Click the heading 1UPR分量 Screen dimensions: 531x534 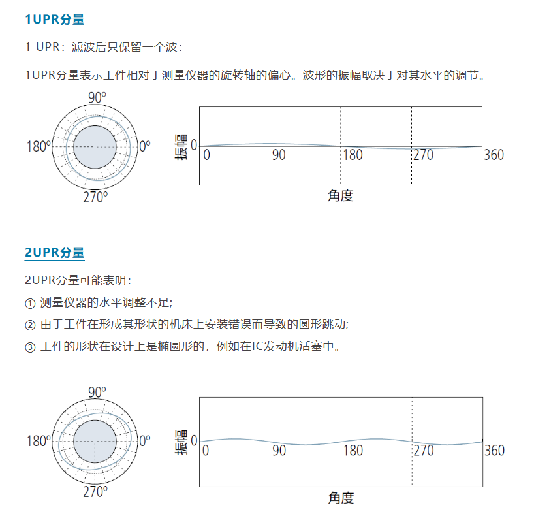[54, 20]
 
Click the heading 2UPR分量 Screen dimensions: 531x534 [54, 253]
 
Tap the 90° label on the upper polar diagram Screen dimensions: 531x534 [97, 98]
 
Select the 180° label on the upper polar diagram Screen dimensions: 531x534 [39, 146]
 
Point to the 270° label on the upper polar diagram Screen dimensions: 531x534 [95, 197]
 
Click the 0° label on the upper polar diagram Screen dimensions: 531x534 [145, 146]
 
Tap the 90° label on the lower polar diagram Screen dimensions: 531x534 [97, 393]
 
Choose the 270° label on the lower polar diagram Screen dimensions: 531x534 [95, 492]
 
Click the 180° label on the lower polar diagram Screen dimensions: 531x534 [39, 442]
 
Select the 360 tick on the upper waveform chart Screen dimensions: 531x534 [494, 155]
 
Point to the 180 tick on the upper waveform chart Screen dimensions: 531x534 [353, 155]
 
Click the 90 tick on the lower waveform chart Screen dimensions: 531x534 [279, 450]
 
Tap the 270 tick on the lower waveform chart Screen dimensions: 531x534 [424, 450]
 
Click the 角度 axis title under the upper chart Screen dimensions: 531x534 [340, 195]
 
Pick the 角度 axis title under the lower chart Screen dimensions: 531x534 [340, 498]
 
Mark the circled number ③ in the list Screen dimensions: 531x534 [29, 347]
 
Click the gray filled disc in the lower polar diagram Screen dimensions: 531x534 [95, 442]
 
